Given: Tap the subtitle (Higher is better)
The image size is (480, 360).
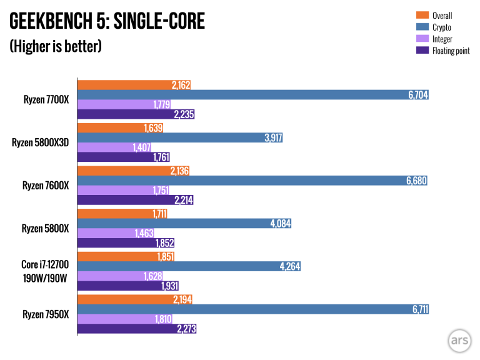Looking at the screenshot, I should (55, 47).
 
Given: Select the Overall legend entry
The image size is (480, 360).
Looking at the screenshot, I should (441, 16).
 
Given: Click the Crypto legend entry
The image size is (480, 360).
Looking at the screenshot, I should (441, 27).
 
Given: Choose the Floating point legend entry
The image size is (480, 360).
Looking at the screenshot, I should (450, 51).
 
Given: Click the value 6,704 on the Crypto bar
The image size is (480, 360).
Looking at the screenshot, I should (417, 94).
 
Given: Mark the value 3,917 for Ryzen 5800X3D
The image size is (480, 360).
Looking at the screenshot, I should (271, 137).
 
